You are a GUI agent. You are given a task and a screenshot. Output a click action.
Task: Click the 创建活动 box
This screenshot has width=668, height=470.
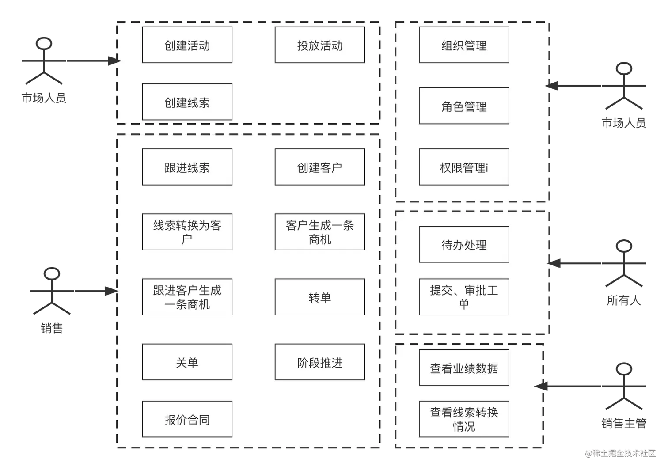click(x=187, y=45)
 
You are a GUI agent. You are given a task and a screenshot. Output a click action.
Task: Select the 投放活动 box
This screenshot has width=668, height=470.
click(x=319, y=45)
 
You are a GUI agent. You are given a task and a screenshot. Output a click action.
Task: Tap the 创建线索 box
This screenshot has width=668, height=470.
click(x=187, y=102)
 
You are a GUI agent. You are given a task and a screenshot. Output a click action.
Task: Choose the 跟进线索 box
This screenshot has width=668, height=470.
click(x=187, y=167)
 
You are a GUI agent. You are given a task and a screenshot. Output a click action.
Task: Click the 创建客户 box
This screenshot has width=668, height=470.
click(x=319, y=167)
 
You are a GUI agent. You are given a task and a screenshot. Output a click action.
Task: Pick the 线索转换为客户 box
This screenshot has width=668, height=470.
click(x=187, y=232)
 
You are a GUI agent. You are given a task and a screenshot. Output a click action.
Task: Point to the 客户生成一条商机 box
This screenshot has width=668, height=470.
click(x=319, y=232)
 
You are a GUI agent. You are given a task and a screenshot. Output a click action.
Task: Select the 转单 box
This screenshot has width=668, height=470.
click(x=319, y=297)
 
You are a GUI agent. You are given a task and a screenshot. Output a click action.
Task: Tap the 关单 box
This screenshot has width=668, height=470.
click(x=187, y=362)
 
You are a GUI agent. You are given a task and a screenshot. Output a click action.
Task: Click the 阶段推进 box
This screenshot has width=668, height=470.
click(x=319, y=362)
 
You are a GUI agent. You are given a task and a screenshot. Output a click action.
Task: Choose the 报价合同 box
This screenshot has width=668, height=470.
click(x=187, y=419)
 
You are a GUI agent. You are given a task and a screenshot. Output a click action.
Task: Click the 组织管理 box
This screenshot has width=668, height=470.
click(x=464, y=45)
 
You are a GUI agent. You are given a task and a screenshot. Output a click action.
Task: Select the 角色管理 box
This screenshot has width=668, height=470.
click(x=464, y=106)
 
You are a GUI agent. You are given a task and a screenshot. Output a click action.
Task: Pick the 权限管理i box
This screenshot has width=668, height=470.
click(x=464, y=167)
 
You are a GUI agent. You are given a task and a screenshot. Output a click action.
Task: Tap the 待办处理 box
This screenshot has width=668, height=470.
click(x=464, y=244)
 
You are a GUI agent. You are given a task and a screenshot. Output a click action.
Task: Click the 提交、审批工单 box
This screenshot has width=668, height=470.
click(x=464, y=297)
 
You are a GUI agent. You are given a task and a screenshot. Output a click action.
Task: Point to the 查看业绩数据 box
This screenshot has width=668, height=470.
click(x=464, y=368)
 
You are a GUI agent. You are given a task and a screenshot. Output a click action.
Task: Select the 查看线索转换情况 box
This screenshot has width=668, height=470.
click(x=464, y=419)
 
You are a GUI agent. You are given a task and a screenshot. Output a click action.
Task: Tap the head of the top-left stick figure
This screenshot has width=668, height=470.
click(x=44, y=44)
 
